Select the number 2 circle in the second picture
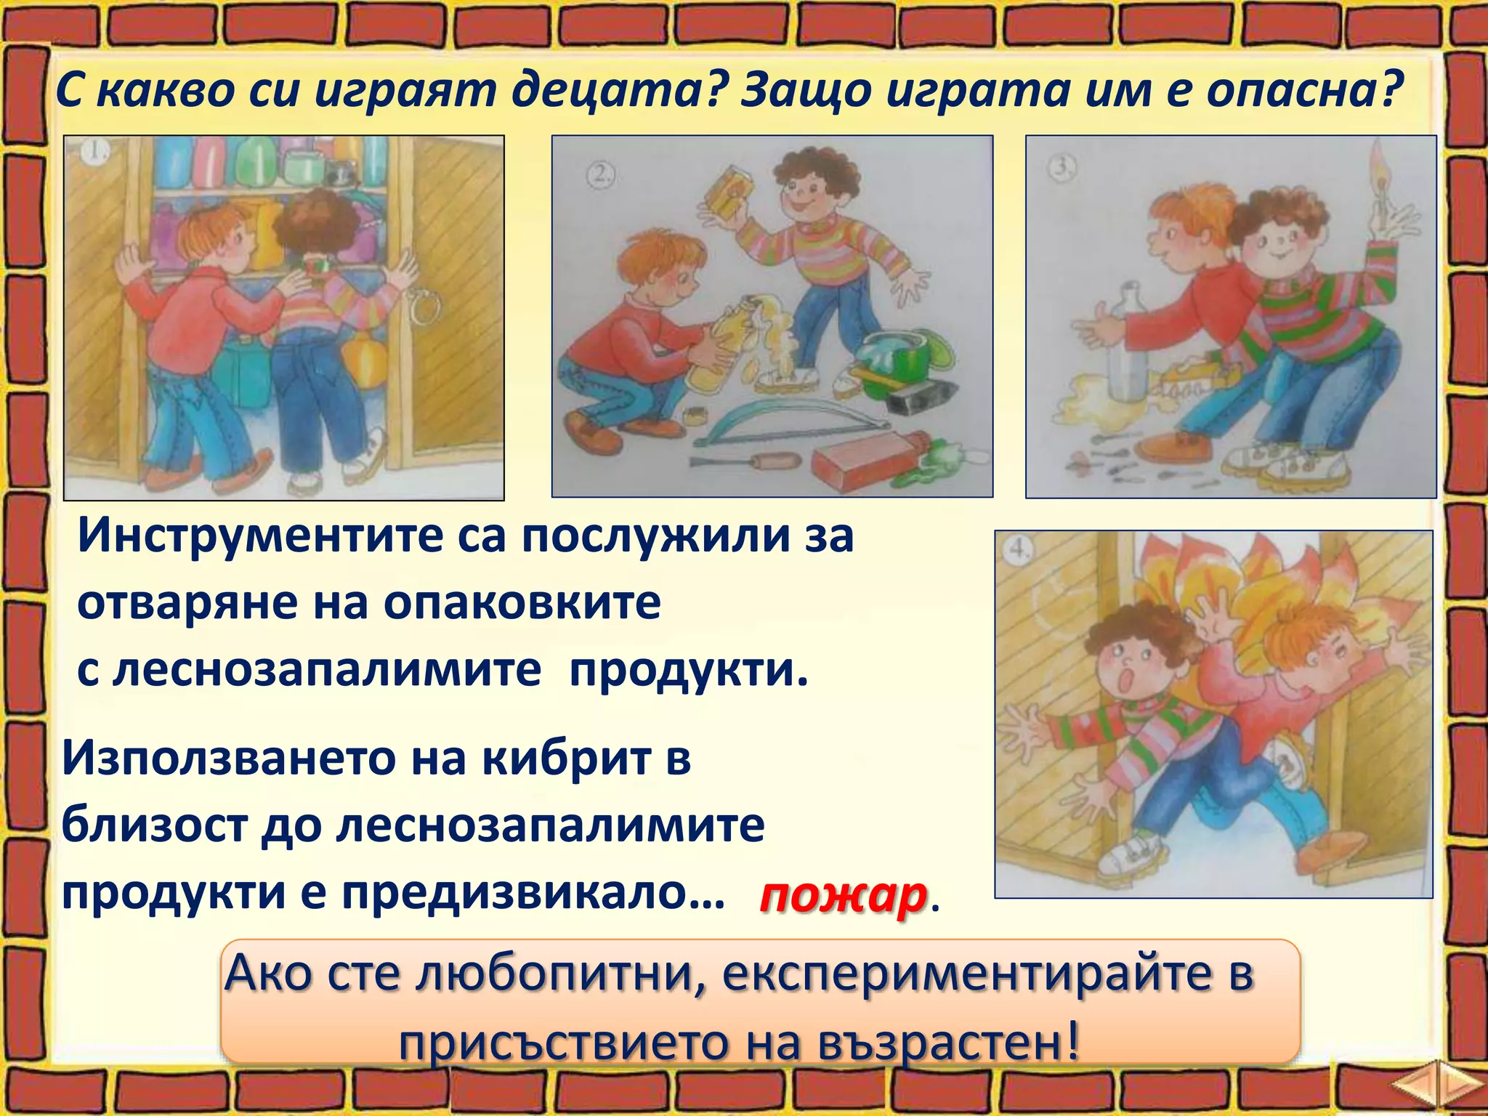point(600,175)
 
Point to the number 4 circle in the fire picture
point(1019,550)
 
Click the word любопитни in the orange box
point(551,974)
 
